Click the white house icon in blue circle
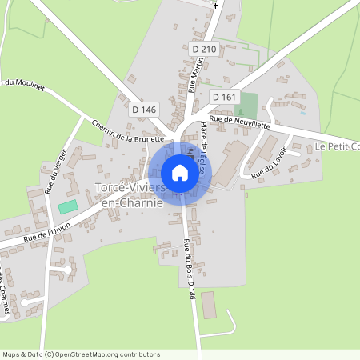180,173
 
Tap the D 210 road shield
204,49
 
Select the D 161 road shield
225,96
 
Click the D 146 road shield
143,109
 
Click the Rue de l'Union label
47,232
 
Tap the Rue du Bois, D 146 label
190,269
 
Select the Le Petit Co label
337,146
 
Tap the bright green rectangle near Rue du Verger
68,206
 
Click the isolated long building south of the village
209,304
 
